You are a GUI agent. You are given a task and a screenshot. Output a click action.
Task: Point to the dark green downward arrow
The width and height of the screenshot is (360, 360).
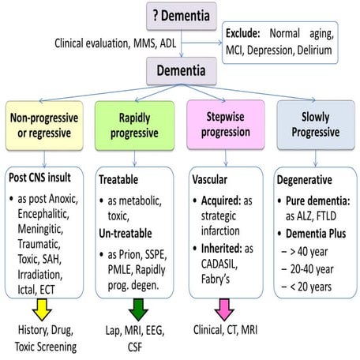(x=134, y=303)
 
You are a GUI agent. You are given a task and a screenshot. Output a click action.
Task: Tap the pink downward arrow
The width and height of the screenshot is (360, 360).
(x=223, y=303)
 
